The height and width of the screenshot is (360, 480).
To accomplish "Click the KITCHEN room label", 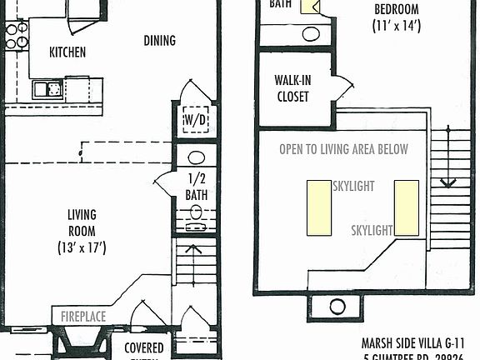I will (67, 52).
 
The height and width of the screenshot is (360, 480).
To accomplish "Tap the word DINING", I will (159, 41).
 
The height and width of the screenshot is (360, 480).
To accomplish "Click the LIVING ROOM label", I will (82, 222).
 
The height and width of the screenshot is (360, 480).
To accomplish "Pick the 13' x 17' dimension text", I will (82, 247).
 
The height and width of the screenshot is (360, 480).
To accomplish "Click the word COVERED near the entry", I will (144, 347).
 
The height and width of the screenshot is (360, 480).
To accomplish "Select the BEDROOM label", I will (396, 10).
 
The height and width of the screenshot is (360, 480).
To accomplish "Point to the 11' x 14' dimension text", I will (396, 26).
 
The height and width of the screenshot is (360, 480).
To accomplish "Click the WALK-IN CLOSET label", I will (292, 89).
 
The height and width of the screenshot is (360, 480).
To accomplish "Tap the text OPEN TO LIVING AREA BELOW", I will (343, 149).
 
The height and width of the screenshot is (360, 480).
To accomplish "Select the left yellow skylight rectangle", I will (317, 207).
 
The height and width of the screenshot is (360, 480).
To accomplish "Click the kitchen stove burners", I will (17, 34).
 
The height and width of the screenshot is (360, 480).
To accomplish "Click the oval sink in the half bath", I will (197, 157).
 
